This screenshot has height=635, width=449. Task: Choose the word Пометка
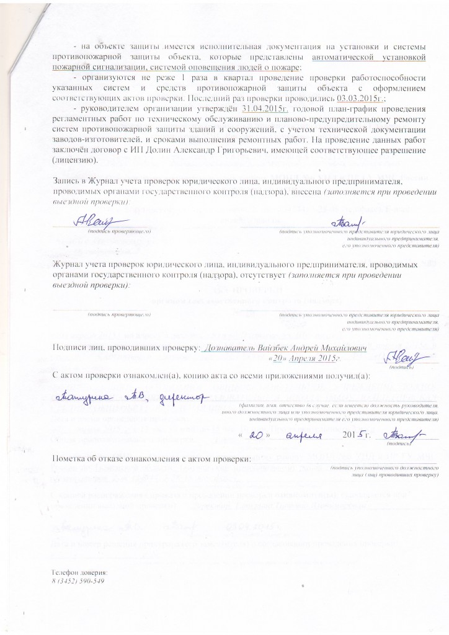[71, 460]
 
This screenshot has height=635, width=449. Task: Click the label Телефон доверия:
[79, 572]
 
